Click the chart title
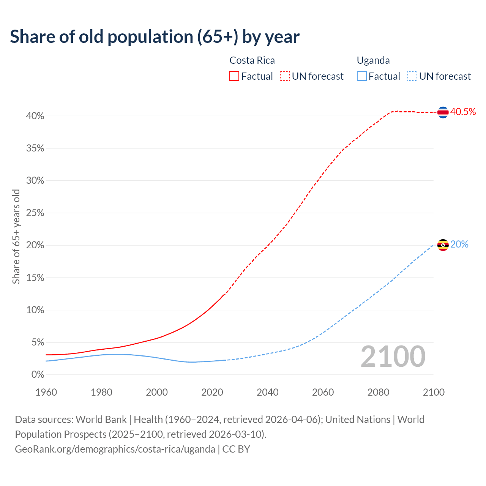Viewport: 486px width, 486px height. tap(155, 37)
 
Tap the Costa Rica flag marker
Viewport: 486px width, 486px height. tap(443, 112)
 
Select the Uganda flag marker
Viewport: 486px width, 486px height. tap(443, 245)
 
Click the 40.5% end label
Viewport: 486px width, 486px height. tap(463, 112)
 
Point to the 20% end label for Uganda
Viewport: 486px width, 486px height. tap(459, 244)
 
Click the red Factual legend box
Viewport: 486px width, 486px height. tap(234, 76)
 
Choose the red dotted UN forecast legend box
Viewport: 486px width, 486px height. tap(285, 76)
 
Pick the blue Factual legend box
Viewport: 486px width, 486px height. tap(361, 76)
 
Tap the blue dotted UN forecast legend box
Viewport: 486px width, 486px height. tap(412, 76)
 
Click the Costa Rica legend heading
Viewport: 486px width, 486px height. tap(252, 60)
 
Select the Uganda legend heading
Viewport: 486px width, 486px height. tap(373, 60)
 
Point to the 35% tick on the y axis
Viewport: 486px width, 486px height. tap(35, 148)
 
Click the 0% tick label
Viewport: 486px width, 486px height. tap(38, 375)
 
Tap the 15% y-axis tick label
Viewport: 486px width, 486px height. tap(35, 278)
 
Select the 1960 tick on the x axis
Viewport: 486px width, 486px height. tap(46, 392)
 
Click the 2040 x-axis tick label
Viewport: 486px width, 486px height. tap(268, 392)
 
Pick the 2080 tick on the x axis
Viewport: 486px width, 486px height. tap(378, 392)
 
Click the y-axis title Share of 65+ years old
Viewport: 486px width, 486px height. tap(16, 236)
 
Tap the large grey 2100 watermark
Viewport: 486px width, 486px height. tap(393, 357)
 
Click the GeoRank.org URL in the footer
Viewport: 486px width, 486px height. tap(115, 449)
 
